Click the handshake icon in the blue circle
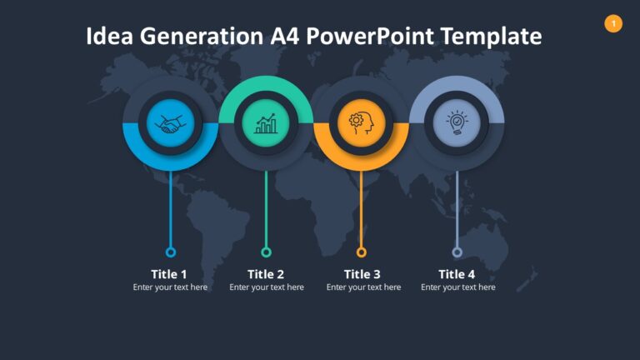click(x=171, y=124)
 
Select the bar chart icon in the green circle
click(x=266, y=124)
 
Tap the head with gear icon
click(x=361, y=124)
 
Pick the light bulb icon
click(x=456, y=124)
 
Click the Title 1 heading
click(x=169, y=274)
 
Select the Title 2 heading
click(x=266, y=274)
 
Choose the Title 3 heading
click(x=362, y=274)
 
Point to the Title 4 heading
click(x=457, y=274)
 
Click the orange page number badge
click(x=613, y=23)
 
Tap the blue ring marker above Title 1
click(x=171, y=252)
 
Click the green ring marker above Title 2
click(x=266, y=252)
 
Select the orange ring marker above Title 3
click(x=361, y=252)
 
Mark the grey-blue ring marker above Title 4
click(x=457, y=252)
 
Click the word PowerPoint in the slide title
click(x=363, y=37)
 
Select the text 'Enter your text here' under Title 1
click(x=170, y=287)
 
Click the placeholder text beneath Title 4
click(x=457, y=287)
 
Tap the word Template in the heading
click(x=491, y=37)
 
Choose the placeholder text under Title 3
click(x=363, y=287)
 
